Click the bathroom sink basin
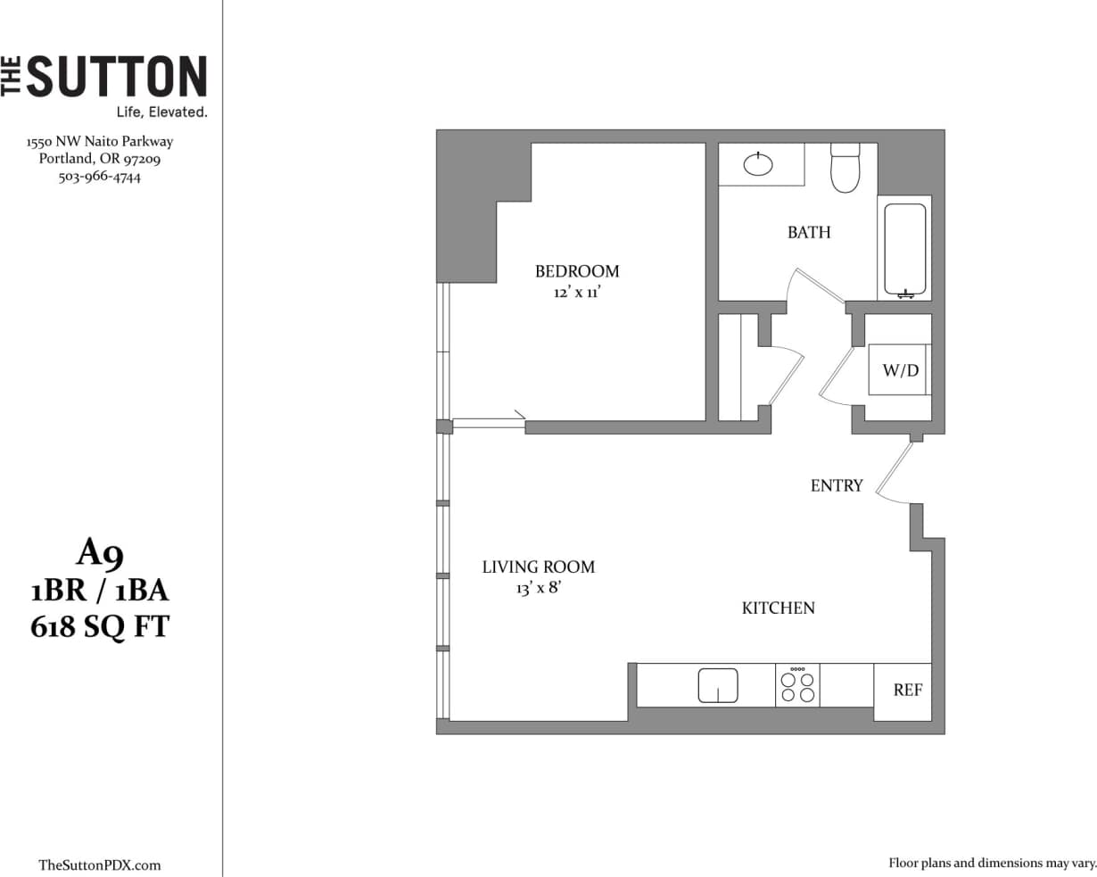758,164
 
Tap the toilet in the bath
844,170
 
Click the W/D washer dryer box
900,370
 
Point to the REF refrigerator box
907,691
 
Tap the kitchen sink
718,685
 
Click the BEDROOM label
576,271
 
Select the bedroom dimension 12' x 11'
576,293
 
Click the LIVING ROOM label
538,567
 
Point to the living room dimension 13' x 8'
538,589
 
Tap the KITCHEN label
778,608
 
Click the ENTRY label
836,485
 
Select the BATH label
808,232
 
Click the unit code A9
100,554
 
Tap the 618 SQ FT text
100,627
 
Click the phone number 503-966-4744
100,177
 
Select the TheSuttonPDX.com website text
100,865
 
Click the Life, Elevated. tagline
161,112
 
